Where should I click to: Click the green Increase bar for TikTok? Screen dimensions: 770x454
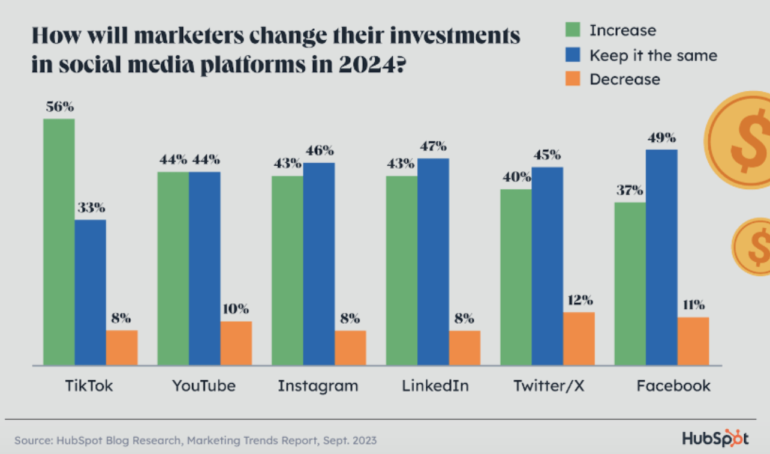point(59,241)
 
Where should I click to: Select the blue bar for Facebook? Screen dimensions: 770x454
point(661,257)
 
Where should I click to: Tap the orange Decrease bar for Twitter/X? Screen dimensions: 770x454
point(579,338)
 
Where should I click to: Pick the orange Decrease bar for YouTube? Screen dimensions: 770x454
point(236,343)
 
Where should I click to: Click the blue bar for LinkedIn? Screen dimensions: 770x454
point(433,262)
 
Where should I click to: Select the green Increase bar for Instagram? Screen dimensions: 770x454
point(287,271)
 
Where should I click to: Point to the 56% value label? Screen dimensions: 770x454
point(60,107)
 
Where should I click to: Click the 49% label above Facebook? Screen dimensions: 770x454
point(661,138)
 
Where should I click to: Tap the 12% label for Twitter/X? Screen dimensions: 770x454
point(580,300)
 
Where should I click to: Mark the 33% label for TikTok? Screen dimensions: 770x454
point(91,208)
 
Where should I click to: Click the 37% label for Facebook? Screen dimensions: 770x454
point(630,190)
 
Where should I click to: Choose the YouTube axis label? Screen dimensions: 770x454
point(204,386)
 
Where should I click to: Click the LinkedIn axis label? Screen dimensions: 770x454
point(435,386)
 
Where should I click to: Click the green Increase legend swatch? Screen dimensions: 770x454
point(573,29)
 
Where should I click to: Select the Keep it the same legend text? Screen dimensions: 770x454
point(654,55)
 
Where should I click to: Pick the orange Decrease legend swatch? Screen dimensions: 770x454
point(573,79)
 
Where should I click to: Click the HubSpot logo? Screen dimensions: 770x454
point(715,438)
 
